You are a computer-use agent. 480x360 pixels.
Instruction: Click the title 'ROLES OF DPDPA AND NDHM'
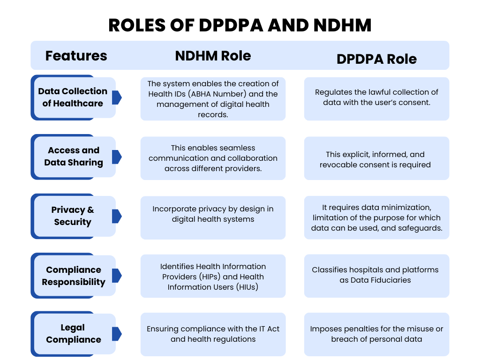coord(240,25)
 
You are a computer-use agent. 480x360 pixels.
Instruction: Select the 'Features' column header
coord(76,56)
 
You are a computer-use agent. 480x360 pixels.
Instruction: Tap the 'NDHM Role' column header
coord(213,56)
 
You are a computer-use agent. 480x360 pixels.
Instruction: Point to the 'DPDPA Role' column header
coord(376,59)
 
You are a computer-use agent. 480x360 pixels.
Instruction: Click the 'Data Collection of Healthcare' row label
coord(73,97)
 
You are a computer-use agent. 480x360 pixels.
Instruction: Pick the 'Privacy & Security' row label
coord(73,216)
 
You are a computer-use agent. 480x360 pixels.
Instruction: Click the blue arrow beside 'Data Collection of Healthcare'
coord(117,97)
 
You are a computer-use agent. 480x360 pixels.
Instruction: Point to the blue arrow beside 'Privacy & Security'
coord(117,216)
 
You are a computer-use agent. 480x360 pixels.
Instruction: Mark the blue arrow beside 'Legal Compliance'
coord(117,334)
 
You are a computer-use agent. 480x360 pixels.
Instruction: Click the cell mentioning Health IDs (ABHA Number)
coord(213,99)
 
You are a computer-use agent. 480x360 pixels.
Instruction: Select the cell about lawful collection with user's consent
coord(376,99)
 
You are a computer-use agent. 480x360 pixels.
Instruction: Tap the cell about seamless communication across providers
coord(213,158)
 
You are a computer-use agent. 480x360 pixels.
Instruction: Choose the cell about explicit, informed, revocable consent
coord(376,158)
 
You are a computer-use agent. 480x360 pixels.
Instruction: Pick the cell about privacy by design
coord(213,217)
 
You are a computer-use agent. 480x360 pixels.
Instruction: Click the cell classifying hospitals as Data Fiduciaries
coord(376,276)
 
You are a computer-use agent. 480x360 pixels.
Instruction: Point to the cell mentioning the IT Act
coord(213,334)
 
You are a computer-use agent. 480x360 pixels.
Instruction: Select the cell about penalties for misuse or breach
coord(376,334)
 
